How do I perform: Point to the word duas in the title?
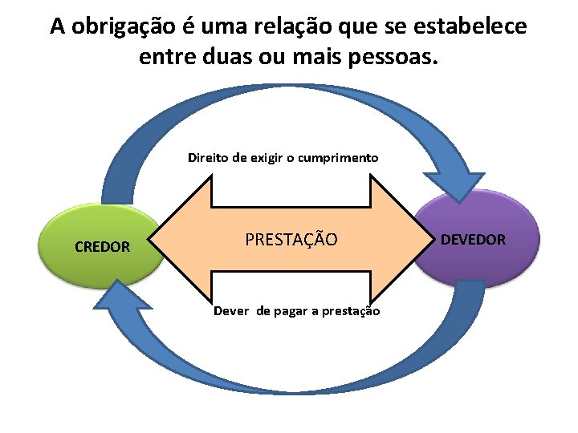point(227,57)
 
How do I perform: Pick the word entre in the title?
point(167,57)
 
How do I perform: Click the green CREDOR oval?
point(103,246)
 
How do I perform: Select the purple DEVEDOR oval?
point(473,239)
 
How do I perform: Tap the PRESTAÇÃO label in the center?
point(291,239)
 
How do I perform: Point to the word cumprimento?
point(338,157)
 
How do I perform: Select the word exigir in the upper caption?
point(265,157)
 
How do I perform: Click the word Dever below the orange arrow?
point(231,311)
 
